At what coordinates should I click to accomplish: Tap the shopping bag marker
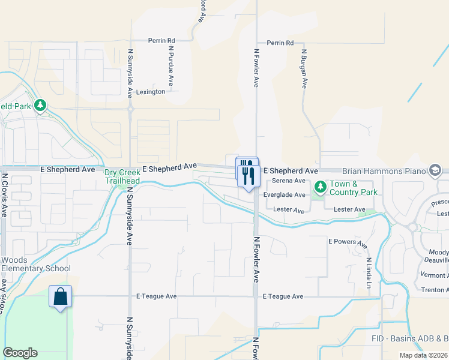tap(60, 297)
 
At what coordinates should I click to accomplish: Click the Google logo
tap(20, 352)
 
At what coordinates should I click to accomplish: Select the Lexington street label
tap(150, 92)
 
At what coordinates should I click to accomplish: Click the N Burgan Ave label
tap(304, 69)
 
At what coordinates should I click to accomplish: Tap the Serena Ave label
tap(289, 181)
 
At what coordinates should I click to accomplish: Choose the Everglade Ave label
tap(284, 195)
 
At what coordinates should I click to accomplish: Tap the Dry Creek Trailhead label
tap(122, 176)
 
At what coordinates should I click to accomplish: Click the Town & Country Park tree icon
tap(320, 188)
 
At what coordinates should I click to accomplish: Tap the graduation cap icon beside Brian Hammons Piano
tap(435, 171)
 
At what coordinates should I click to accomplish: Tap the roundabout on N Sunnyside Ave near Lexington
tap(130, 109)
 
